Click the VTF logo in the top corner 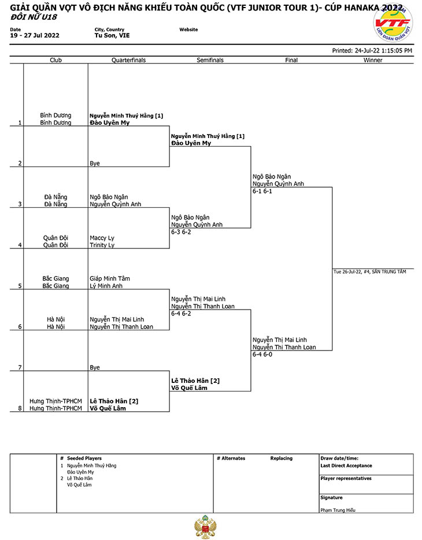(x=393, y=24)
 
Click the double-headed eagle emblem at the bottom (x=205, y=527)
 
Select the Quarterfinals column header (x=128, y=60)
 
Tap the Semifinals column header (x=210, y=60)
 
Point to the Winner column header (x=373, y=60)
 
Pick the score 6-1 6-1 (x=262, y=191)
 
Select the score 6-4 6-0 (x=262, y=355)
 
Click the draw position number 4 (x=20, y=245)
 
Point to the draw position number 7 (x=20, y=367)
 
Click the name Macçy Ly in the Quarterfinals (x=102, y=238)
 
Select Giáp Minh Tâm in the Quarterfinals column (x=110, y=278)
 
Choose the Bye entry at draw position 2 (x=95, y=163)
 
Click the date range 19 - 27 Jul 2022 (x=35, y=35)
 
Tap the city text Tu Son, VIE (x=112, y=35)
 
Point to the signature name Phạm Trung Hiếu (x=338, y=510)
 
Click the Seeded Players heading (x=84, y=459)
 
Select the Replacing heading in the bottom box (x=282, y=459)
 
